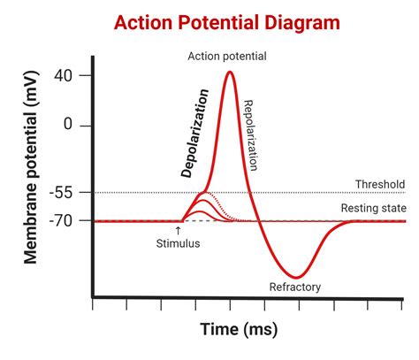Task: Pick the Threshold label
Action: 379,184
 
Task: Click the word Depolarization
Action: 194,133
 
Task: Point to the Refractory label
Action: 295,287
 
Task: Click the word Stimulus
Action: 179,244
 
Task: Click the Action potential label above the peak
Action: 227,57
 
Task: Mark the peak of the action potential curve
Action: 230,73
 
